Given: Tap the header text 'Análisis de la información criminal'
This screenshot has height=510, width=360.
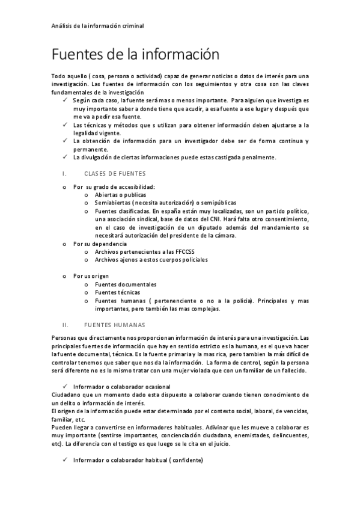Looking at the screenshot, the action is click(x=97, y=26).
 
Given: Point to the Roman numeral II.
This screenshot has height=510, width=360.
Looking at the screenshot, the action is click(x=66, y=324).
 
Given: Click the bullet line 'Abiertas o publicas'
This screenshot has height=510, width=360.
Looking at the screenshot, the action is click(x=120, y=195).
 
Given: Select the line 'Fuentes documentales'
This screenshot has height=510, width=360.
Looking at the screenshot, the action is click(x=126, y=284).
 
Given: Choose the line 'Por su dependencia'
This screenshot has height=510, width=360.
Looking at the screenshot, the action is click(x=100, y=244).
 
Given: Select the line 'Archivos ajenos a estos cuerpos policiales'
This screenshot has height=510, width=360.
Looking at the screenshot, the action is click(x=151, y=260).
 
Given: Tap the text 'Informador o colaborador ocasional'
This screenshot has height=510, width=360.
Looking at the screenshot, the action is click(x=122, y=386).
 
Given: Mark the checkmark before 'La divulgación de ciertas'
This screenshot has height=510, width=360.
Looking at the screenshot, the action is click(x=65, y=158).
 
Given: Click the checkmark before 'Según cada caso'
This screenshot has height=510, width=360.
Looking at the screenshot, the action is click(x=65, y=100).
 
